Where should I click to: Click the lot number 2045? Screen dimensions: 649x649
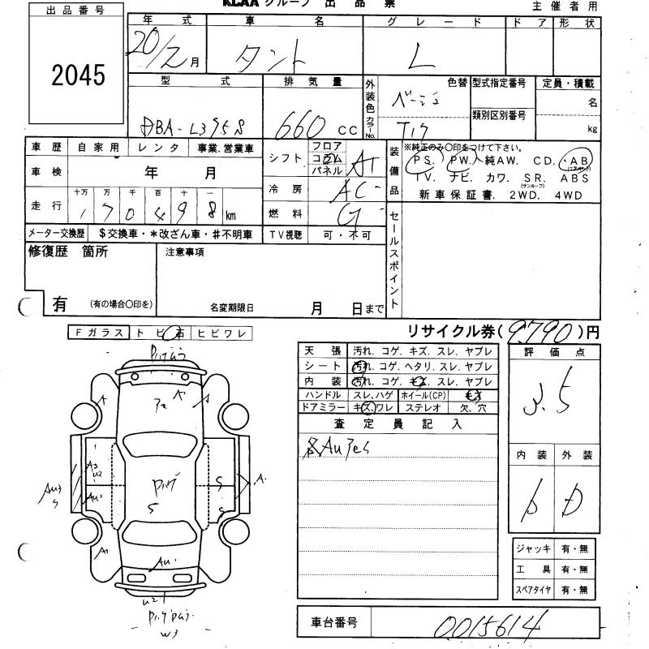(80, 75)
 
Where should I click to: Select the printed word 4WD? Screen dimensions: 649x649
(579, 195)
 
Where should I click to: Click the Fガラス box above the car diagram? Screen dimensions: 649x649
(97, 333)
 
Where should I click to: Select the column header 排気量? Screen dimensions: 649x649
(314, 82)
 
